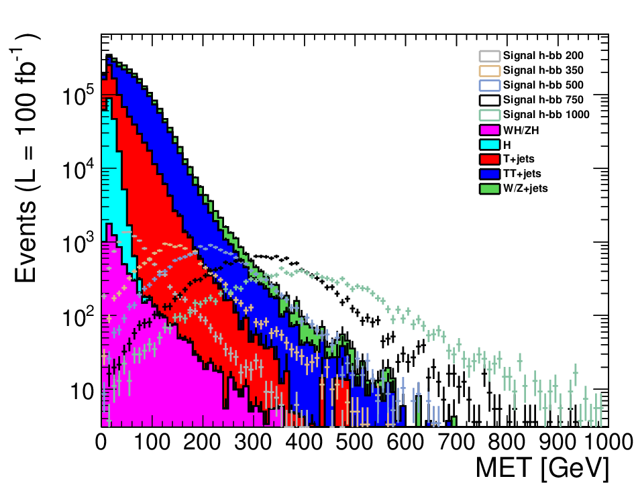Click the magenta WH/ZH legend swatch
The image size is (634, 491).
490,129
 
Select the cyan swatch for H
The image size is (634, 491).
490,144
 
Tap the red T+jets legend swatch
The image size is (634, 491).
490,159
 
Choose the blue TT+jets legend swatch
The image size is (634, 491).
490,174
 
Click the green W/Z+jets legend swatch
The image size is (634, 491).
490,188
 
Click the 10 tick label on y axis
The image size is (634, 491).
83,391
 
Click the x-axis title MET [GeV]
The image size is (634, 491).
543,469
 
